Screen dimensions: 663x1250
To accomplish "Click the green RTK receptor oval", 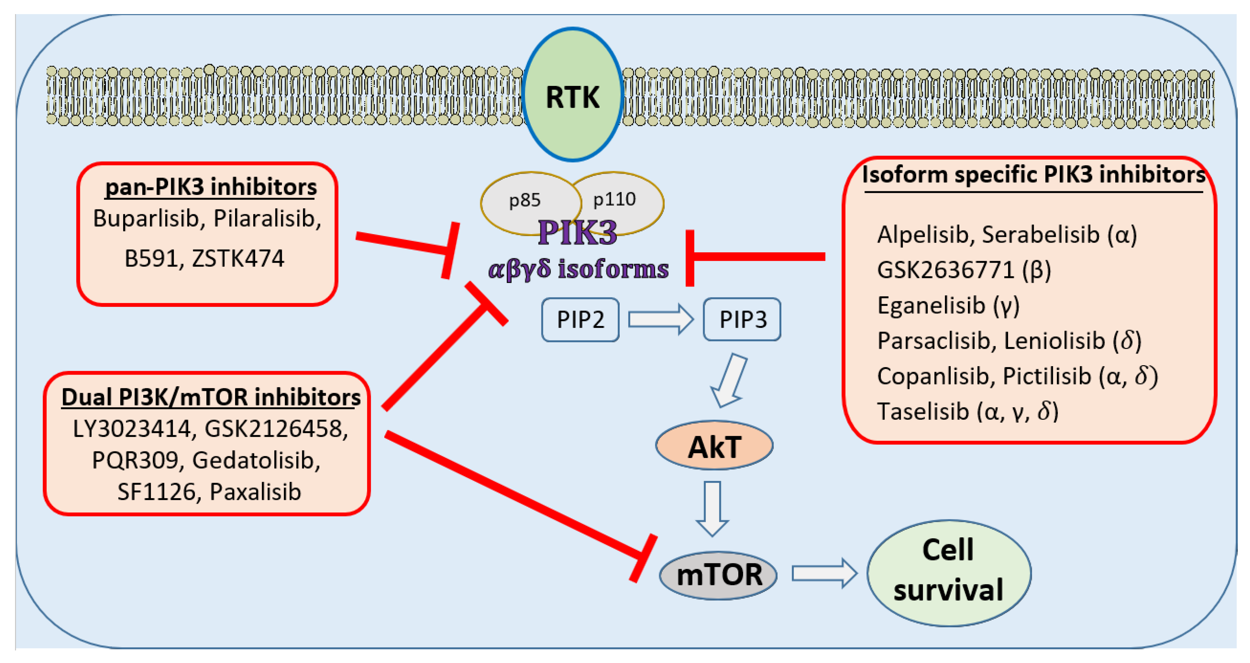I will click(573, 95).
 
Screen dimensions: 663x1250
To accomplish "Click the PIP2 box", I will click(580, 320).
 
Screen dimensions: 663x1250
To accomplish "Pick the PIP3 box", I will click(743, 320).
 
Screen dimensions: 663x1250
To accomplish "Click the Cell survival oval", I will click(949, 573).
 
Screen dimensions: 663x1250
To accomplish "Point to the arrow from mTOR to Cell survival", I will click(824, 573).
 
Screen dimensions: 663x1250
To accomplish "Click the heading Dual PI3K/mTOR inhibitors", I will click(211, 397).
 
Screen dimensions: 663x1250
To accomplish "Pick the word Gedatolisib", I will click(256, 460).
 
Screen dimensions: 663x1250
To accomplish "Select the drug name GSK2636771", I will click(945, 270).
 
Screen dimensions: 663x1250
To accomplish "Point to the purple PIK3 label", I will click(577, 233).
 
